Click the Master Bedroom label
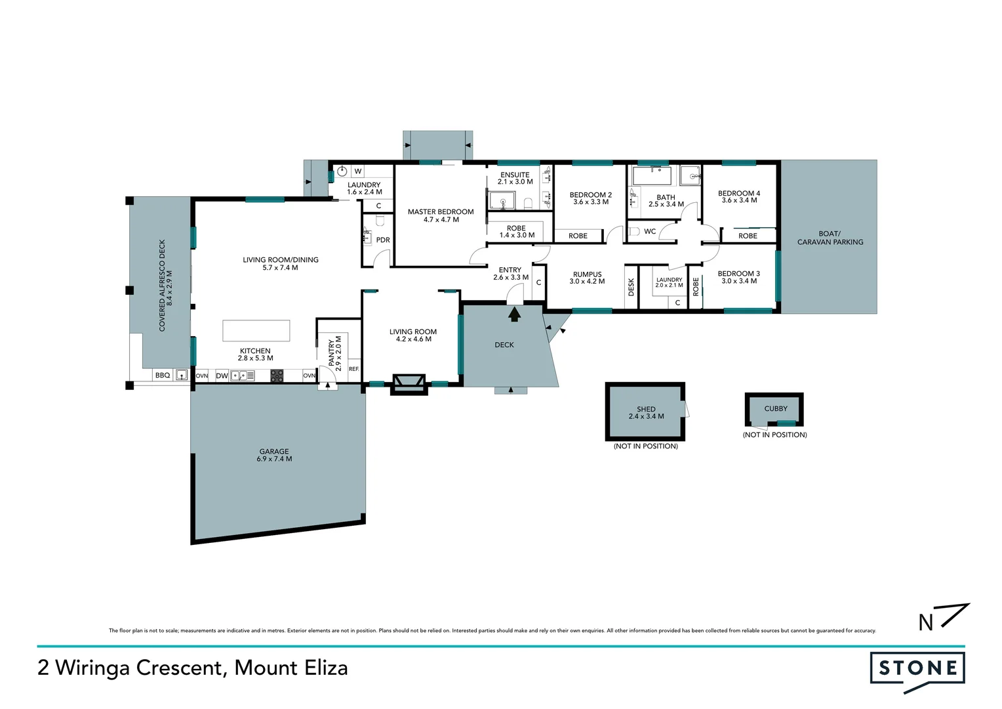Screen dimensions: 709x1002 click(440, 211)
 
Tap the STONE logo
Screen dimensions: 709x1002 click(917, 669)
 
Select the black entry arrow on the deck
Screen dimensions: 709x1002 click(515, 314)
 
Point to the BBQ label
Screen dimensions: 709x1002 click(162, 376)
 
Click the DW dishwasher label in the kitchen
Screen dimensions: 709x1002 click(222, 376)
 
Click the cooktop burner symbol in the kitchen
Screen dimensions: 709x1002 click(277, 376)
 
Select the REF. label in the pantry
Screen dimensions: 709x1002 click(353, 369)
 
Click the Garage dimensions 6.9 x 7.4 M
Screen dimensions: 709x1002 click(274, 459)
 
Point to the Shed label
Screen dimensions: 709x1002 click(646, 409)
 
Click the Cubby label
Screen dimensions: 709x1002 click(775, 408)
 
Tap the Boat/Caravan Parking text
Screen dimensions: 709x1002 click(830, 238)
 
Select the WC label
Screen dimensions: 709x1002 click(649, 231)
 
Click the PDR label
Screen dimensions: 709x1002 click(383, 240)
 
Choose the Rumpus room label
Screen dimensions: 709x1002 click(587, 274)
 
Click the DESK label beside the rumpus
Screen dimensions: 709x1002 click(631, 287)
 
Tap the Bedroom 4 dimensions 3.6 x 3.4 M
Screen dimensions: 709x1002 click(739, 200)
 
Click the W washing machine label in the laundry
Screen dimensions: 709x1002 click(357, 171)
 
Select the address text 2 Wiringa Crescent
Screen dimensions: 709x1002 click(131, 668)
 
